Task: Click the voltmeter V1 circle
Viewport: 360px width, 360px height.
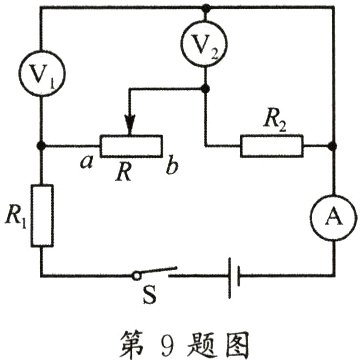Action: tap(41, 77)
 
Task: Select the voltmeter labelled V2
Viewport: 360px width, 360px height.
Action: tap(205, 46)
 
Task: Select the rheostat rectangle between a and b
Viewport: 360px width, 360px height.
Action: tap(127, 146)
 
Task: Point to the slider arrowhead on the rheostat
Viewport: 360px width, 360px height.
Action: tap(127, 128)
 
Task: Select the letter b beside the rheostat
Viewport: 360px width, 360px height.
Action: tap(173, 166)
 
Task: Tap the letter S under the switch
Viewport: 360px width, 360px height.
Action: tap(152, 298)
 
